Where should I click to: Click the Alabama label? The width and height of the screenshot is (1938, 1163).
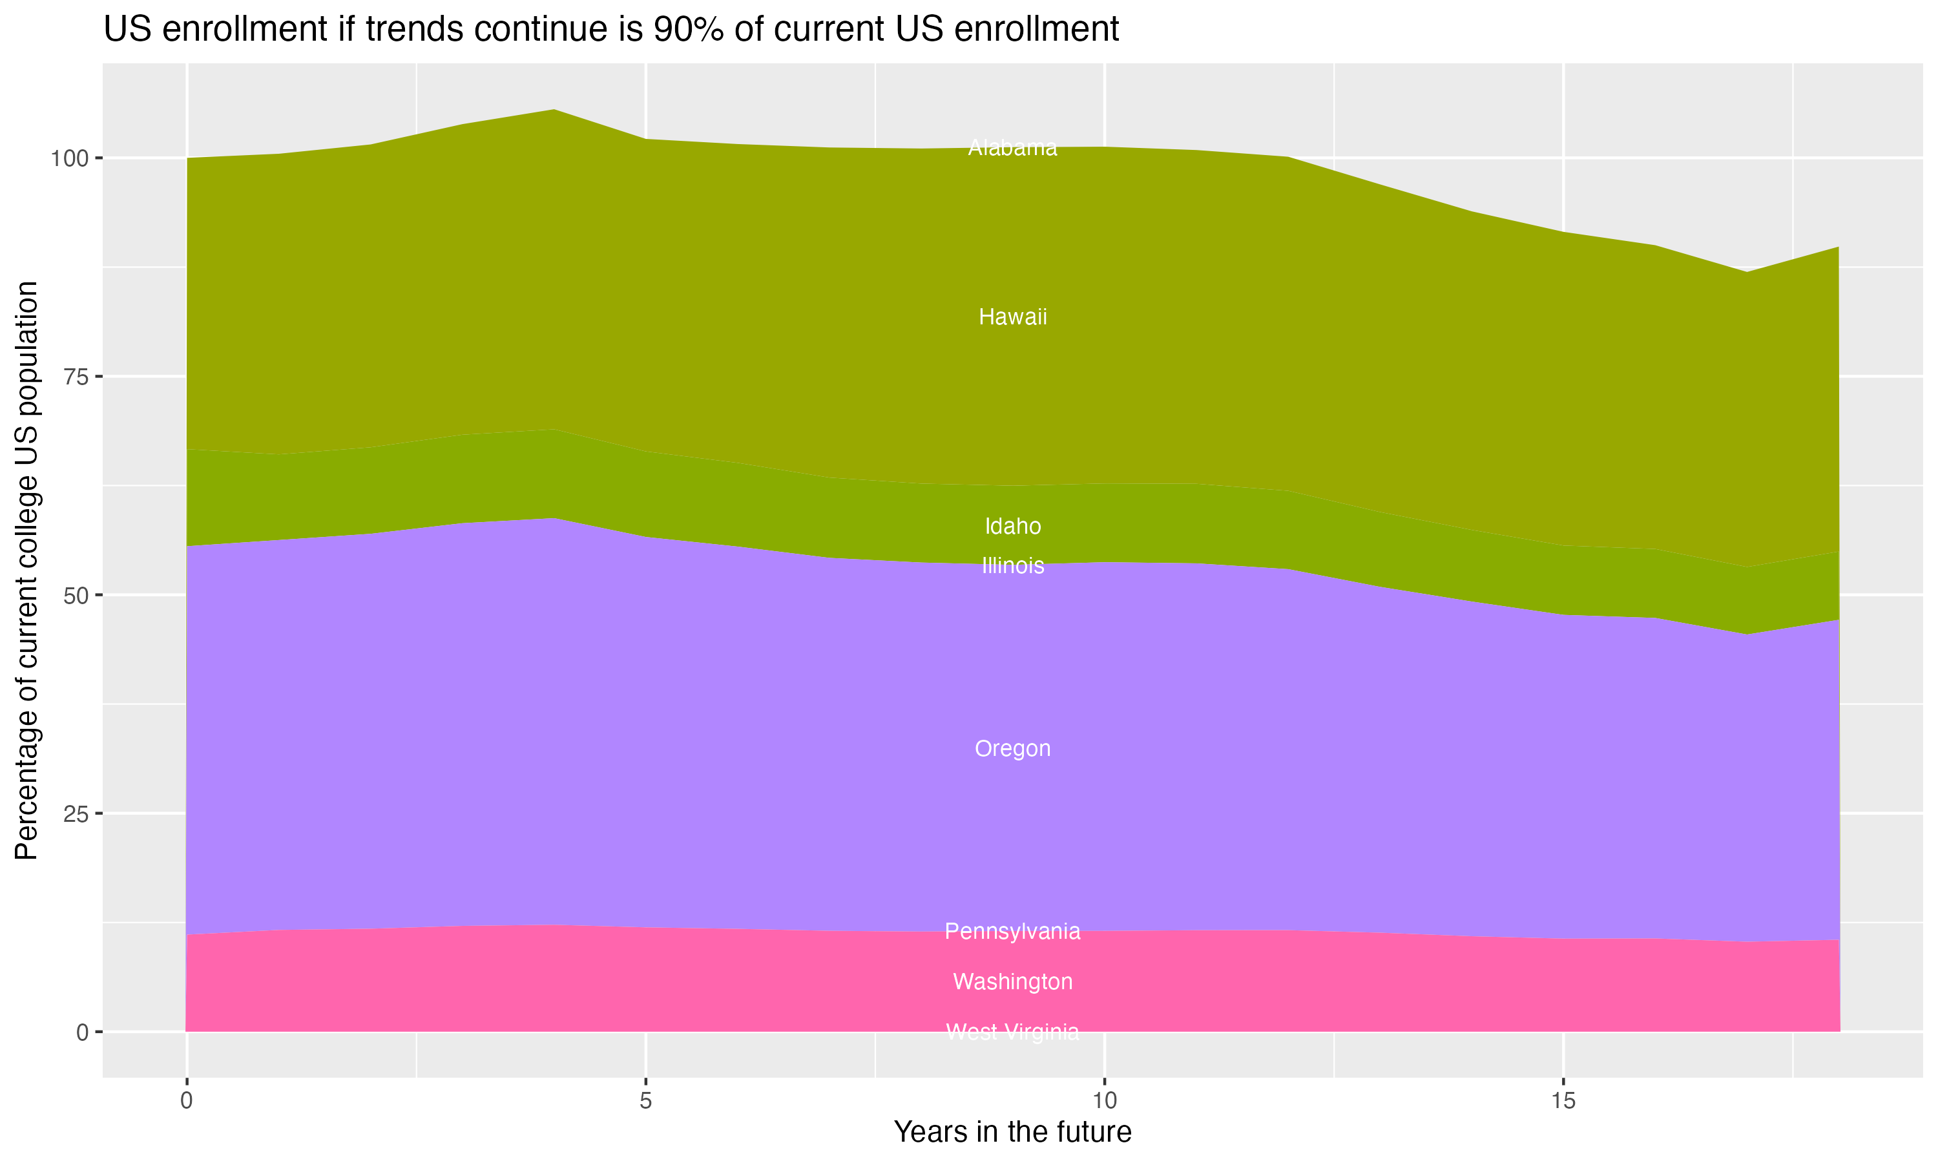1012,147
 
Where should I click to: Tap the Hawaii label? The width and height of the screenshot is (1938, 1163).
1012,317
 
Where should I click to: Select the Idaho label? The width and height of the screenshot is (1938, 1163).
1012,526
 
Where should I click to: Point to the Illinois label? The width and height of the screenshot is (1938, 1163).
1012,565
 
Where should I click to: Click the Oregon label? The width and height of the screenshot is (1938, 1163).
1012,748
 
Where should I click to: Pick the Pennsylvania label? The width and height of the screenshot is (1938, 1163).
1012,931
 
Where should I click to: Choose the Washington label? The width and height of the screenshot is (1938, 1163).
1012,981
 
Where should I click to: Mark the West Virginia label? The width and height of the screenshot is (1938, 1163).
1012,1031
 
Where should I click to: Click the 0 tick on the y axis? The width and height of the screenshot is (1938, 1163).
81,1032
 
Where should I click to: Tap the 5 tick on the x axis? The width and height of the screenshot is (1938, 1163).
645,1101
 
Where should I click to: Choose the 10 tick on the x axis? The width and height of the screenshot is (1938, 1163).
1105,1101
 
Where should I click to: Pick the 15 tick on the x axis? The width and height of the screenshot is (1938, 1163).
1563,1101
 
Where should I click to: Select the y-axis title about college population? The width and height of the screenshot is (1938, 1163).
26,570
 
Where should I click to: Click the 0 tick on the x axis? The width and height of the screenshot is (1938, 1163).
187,1101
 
